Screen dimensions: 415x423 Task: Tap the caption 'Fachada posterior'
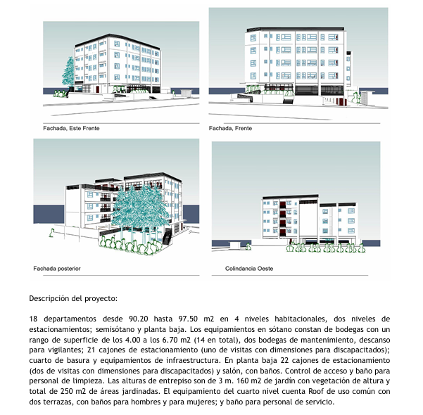(57, 269)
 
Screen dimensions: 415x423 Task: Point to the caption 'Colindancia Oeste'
(249, 269)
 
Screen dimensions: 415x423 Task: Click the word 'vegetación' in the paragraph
(324, 381)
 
